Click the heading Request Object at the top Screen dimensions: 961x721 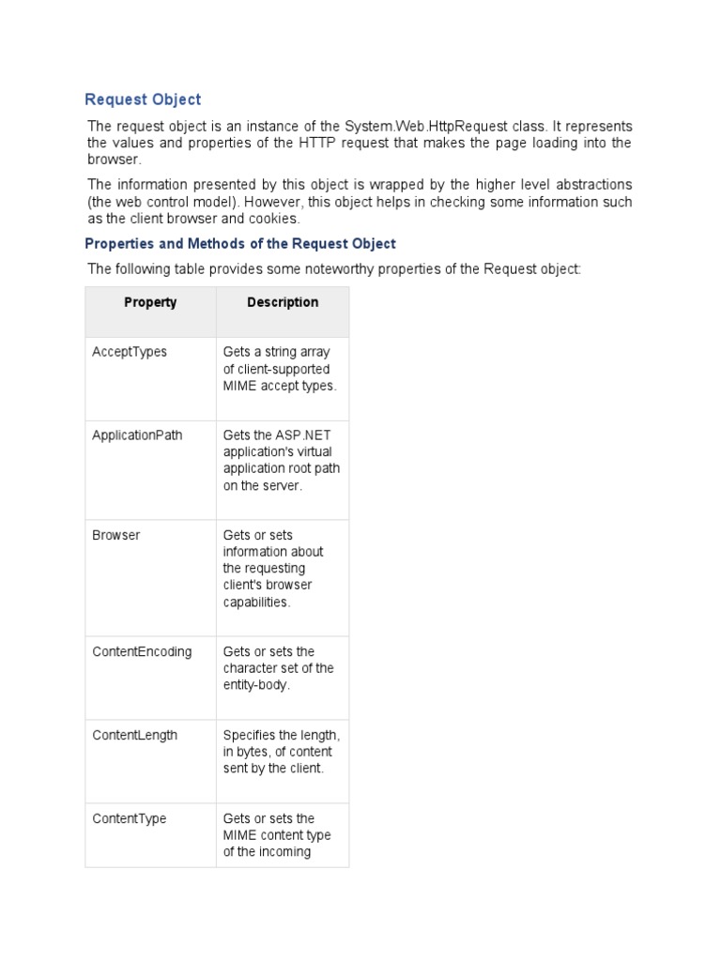(143, 99)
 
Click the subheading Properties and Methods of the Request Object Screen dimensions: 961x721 (240, 244)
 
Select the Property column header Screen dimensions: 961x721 (150, 302)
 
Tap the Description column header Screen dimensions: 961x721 (283, 302)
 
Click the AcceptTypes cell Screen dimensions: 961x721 (130, 352)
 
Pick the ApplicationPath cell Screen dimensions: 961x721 (137, 435)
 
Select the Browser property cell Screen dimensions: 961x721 (115, 535)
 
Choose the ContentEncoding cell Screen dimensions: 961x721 (142, 651)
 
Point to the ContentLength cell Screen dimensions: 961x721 (134, 735)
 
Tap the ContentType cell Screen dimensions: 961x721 (129, 818)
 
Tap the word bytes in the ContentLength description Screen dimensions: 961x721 (253, 752)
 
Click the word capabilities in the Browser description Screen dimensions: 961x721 (256, 603)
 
